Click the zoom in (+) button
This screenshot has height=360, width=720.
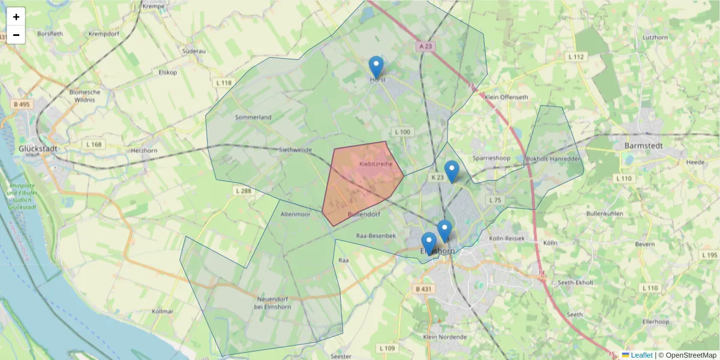(16, 17)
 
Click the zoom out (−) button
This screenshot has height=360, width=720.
(16, 35)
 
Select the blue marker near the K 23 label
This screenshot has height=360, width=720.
(451, 171)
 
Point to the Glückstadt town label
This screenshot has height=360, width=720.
(37, 148)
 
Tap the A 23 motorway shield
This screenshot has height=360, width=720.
(425, 46)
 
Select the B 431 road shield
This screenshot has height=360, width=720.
(423, 289)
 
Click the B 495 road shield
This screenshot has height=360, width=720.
(22, 104)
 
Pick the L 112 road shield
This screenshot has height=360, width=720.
(575, 56)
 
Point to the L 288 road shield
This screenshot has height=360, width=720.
(241, 191)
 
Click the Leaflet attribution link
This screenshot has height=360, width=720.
(641, 355)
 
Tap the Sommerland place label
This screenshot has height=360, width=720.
(253, 117)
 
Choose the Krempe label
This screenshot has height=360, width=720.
(154, 6)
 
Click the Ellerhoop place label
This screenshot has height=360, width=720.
(655, 322)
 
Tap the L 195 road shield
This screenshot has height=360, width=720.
(709, 255)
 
